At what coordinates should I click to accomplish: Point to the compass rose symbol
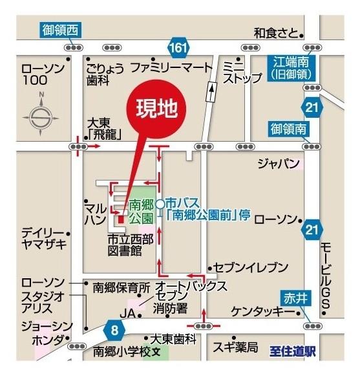[40, 117]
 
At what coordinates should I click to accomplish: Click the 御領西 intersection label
[60, 29]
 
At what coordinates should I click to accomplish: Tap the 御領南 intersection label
[289, 129]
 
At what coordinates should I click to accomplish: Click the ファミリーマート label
[171, 67]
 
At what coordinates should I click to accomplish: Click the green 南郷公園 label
[142, 211]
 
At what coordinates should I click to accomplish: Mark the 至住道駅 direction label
[292, 353]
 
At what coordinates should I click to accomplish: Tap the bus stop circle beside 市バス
[160, 203]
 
